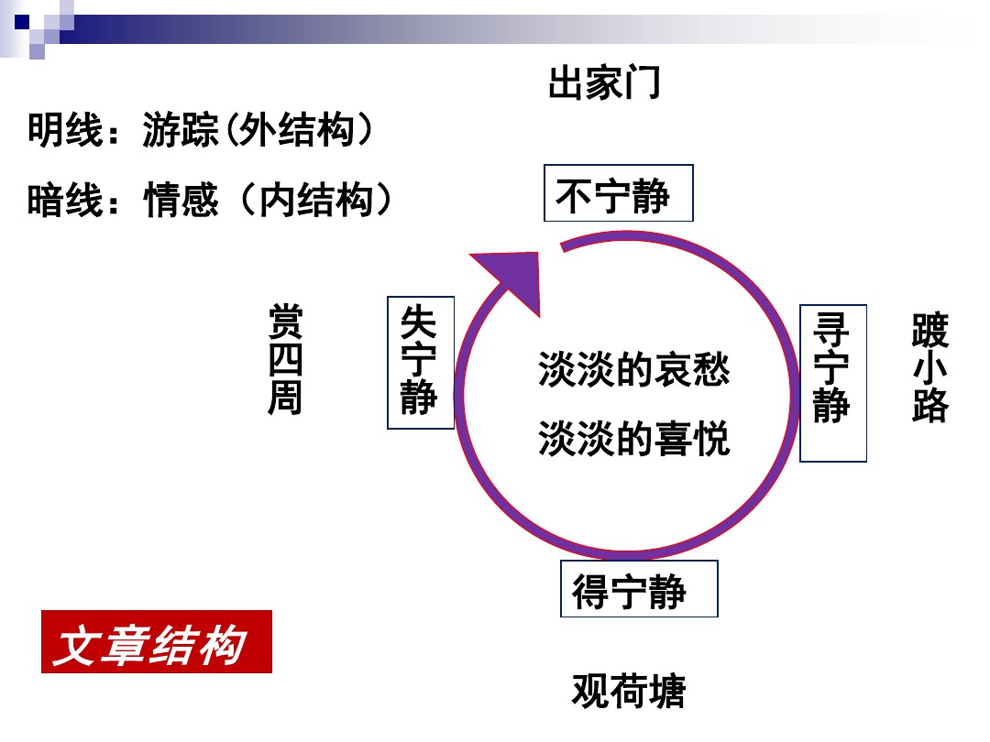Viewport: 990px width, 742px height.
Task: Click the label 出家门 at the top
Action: click(x=604, y=82)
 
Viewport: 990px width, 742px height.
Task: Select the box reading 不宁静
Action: click(x=618, y=193)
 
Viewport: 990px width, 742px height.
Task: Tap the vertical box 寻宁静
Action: click(x=832, y=383)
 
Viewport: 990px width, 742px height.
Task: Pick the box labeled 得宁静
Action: click(x=639, y=589)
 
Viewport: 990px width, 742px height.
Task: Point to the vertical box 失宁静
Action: click(x=421, y=362)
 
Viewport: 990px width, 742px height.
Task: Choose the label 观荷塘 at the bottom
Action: click(x=629, y=691)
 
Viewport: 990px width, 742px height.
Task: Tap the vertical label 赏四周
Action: click(x=285, y=358)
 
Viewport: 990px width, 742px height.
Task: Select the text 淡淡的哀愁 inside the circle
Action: click(x=634, y=369)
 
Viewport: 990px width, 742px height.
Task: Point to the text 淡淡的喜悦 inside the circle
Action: click(x=634, y=438)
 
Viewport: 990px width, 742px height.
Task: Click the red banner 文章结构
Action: click(x=157, y=641)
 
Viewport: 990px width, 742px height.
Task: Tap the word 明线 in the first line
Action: click(x=65, y=130)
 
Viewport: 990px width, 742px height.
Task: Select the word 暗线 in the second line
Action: click(x=65, y=200)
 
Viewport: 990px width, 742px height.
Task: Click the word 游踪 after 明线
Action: click(x=181, y=130)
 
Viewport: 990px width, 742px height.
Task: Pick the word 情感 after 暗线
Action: click(x=181, y=200)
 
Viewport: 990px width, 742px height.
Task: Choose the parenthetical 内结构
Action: click(x=315, y=200)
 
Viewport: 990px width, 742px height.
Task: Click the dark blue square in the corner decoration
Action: click(x=22, y=22)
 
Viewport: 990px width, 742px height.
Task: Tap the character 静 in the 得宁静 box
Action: click(x=667, y=591)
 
